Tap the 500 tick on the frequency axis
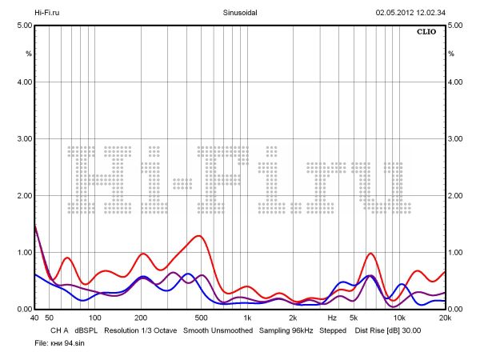click(201, 318)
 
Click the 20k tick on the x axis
click(445, 318)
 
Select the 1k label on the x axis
click(247, 318)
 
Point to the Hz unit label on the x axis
click(332, 318)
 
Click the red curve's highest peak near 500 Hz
click(197, 236)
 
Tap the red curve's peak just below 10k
click(371, 254)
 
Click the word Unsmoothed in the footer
click(230, 330)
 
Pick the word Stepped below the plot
click(333, 330)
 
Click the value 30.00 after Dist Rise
click(410, 330)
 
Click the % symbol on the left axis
click(28, 54)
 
